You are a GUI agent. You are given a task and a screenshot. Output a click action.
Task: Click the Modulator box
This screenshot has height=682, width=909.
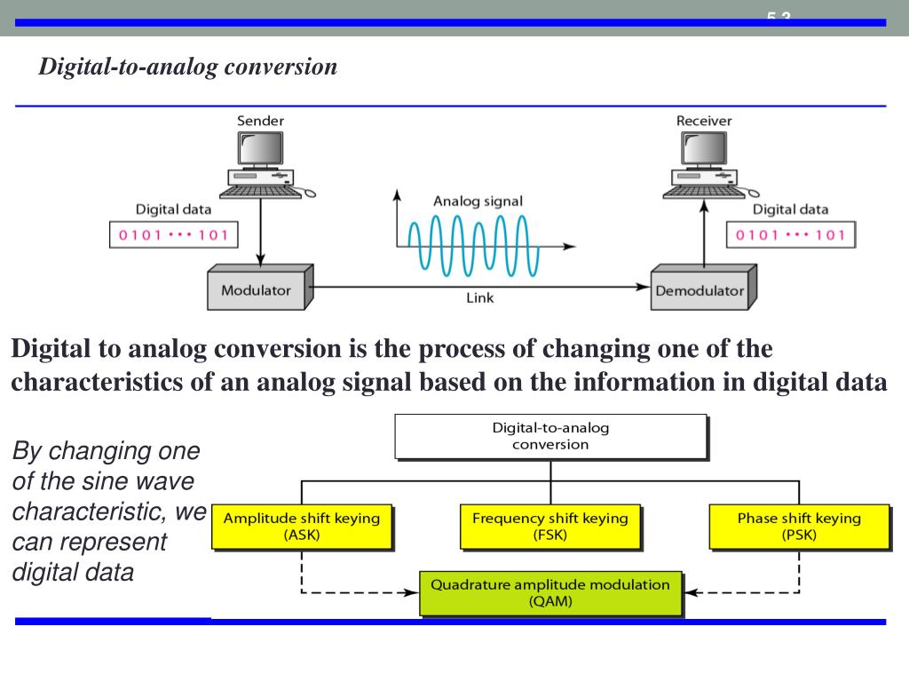pos(256,289)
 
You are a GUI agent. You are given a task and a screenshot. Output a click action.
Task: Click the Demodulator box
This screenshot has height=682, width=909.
pos(700,289)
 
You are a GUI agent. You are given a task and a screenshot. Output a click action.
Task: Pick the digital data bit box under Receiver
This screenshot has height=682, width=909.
pos(791,235)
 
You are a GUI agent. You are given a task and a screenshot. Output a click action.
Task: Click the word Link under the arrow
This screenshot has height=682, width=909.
pos(480,298)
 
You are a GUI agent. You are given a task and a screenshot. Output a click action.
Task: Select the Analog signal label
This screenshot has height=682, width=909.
pos(478,202)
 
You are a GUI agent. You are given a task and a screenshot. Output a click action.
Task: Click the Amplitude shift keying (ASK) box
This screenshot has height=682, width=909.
pos(301,526)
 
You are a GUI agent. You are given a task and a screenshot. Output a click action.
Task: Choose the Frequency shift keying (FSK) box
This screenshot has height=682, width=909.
pos(549,526)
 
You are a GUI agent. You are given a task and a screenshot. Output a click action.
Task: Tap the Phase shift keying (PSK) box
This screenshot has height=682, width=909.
pos(799,526)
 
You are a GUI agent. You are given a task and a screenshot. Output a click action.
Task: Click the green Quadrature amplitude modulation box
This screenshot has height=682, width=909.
pos(550,592)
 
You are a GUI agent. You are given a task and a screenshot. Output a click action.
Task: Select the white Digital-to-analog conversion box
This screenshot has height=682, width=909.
pos(550,436)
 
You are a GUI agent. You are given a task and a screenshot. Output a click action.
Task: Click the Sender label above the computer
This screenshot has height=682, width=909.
pos(260,121)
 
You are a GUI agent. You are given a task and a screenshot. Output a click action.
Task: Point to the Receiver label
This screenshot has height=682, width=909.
pos(704,121)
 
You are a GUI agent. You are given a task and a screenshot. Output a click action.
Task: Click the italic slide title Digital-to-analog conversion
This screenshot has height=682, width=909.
pos(187,67)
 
